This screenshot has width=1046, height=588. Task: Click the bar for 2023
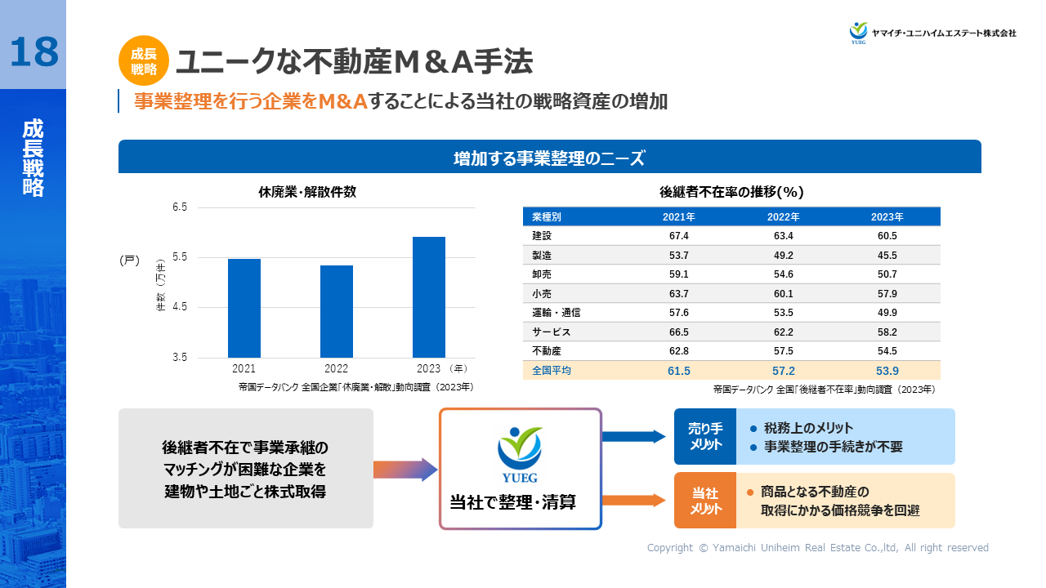coord(429,296)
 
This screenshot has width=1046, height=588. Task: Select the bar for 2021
coord(244,308)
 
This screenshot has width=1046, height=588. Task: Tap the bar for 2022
coord(337,311)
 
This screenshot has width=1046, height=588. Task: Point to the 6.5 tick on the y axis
coord(180,207)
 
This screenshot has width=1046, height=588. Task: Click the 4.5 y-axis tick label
coord(180,307)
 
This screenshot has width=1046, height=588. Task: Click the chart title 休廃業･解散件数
coord(307,193)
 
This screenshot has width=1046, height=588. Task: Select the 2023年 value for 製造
coord(887,256)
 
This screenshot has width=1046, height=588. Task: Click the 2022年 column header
coord(783,217)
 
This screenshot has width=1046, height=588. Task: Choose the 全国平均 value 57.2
coord(783,371)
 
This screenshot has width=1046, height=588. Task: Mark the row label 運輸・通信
coord(556,313)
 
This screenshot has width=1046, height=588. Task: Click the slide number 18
coord(34,52)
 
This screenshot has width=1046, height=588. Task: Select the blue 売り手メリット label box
coord(705,436)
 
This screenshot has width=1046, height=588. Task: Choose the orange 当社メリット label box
coord(705,501)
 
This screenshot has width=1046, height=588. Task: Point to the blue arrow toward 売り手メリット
coord(634,436)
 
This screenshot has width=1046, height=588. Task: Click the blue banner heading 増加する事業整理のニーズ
coord(549,158)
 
